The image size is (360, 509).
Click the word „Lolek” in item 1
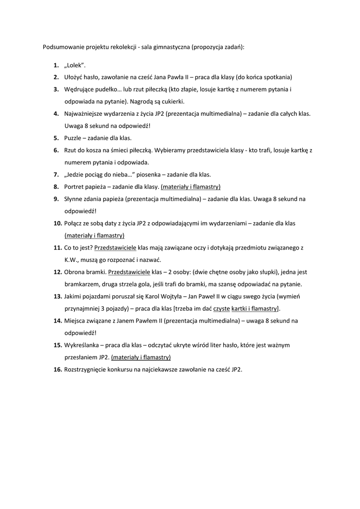75,66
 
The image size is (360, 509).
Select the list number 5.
56,138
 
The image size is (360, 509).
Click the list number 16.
57,369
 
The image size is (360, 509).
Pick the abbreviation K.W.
72,260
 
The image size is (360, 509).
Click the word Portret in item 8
75,187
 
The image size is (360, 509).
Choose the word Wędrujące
80,89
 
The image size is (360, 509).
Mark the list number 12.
57,272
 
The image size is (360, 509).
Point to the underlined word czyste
221,309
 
